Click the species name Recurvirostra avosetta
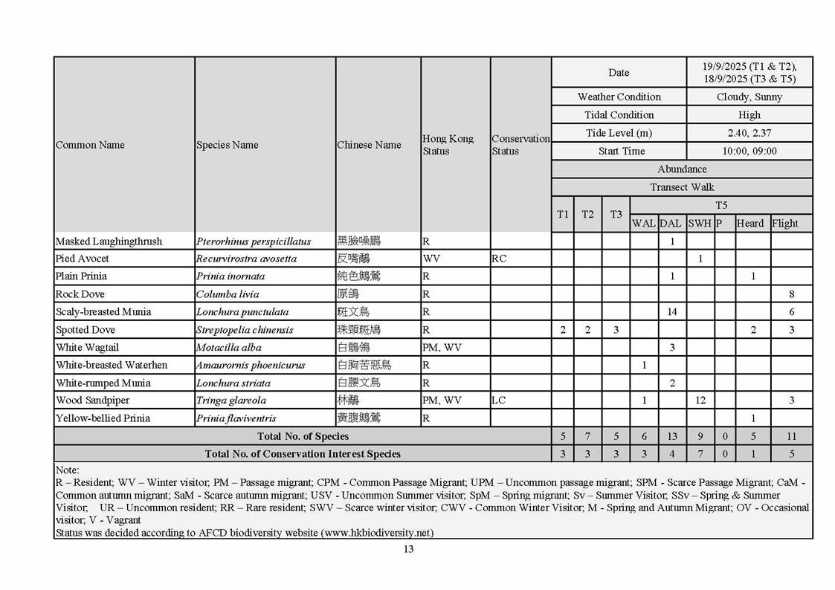(246, 259)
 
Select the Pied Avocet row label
(82, 259)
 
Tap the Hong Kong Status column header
(448, 145)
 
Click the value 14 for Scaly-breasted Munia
(672, 312)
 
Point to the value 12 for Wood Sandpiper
(700, 401)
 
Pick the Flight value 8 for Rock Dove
(792, 294)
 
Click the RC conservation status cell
(499, 259)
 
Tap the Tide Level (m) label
(619, 133)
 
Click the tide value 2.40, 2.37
(749, 133)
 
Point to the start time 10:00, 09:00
(749, 151)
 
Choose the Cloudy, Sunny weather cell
(749, 97)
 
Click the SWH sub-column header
(700, 223)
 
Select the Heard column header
(750, 223)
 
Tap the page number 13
(408, 550)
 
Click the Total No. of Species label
(303, 436)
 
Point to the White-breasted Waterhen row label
(112, 365)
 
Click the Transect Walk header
(682, 187)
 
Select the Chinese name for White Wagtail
(353, 347)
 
